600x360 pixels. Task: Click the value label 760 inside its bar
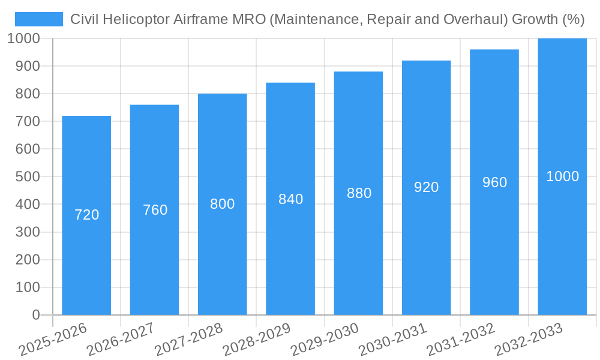click(x=155, y=210)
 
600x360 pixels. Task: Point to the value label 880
click(x=359, y=193)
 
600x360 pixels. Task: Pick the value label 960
click(x=494, y=182)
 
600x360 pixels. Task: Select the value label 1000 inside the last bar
click(x=562, y=176)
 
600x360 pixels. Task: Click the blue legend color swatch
click(x=39, y=19)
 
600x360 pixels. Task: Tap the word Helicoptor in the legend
click(x=134, y=19)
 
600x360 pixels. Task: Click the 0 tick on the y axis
click(x=35, y=315)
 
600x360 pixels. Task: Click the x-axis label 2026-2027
click(x=121, y=339)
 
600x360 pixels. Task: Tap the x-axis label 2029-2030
click(x=325, y=339)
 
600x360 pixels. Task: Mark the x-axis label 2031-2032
click(x=461, y=339)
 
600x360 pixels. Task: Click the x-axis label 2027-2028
click(x=188, y=339)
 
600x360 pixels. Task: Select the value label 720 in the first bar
click(x=86, y=215)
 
